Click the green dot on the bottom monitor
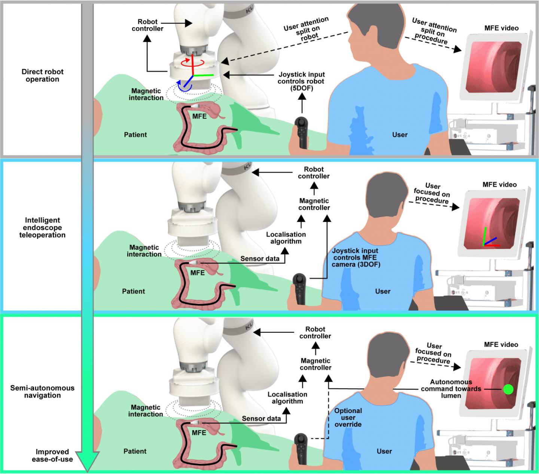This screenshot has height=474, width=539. pos(508,389)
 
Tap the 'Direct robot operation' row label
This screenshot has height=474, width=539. pos(42,76)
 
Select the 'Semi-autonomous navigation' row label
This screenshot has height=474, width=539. pos(42,391)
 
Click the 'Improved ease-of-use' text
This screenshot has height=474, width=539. pos(52,455)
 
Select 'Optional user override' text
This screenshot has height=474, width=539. pos(348,418)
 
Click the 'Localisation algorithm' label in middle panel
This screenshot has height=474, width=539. pos(286,238)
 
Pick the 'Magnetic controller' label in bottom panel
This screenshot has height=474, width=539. pos(316,364)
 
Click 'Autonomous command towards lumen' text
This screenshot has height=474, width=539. pos(451,389)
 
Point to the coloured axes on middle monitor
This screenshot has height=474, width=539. pos(488,239)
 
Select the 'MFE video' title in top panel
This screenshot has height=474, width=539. pos(501,28)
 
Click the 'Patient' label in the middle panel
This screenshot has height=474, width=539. pos(134,291)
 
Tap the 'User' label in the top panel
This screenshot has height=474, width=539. pos(400,135)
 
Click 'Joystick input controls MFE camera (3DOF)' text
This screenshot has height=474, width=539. pos(355,258)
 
